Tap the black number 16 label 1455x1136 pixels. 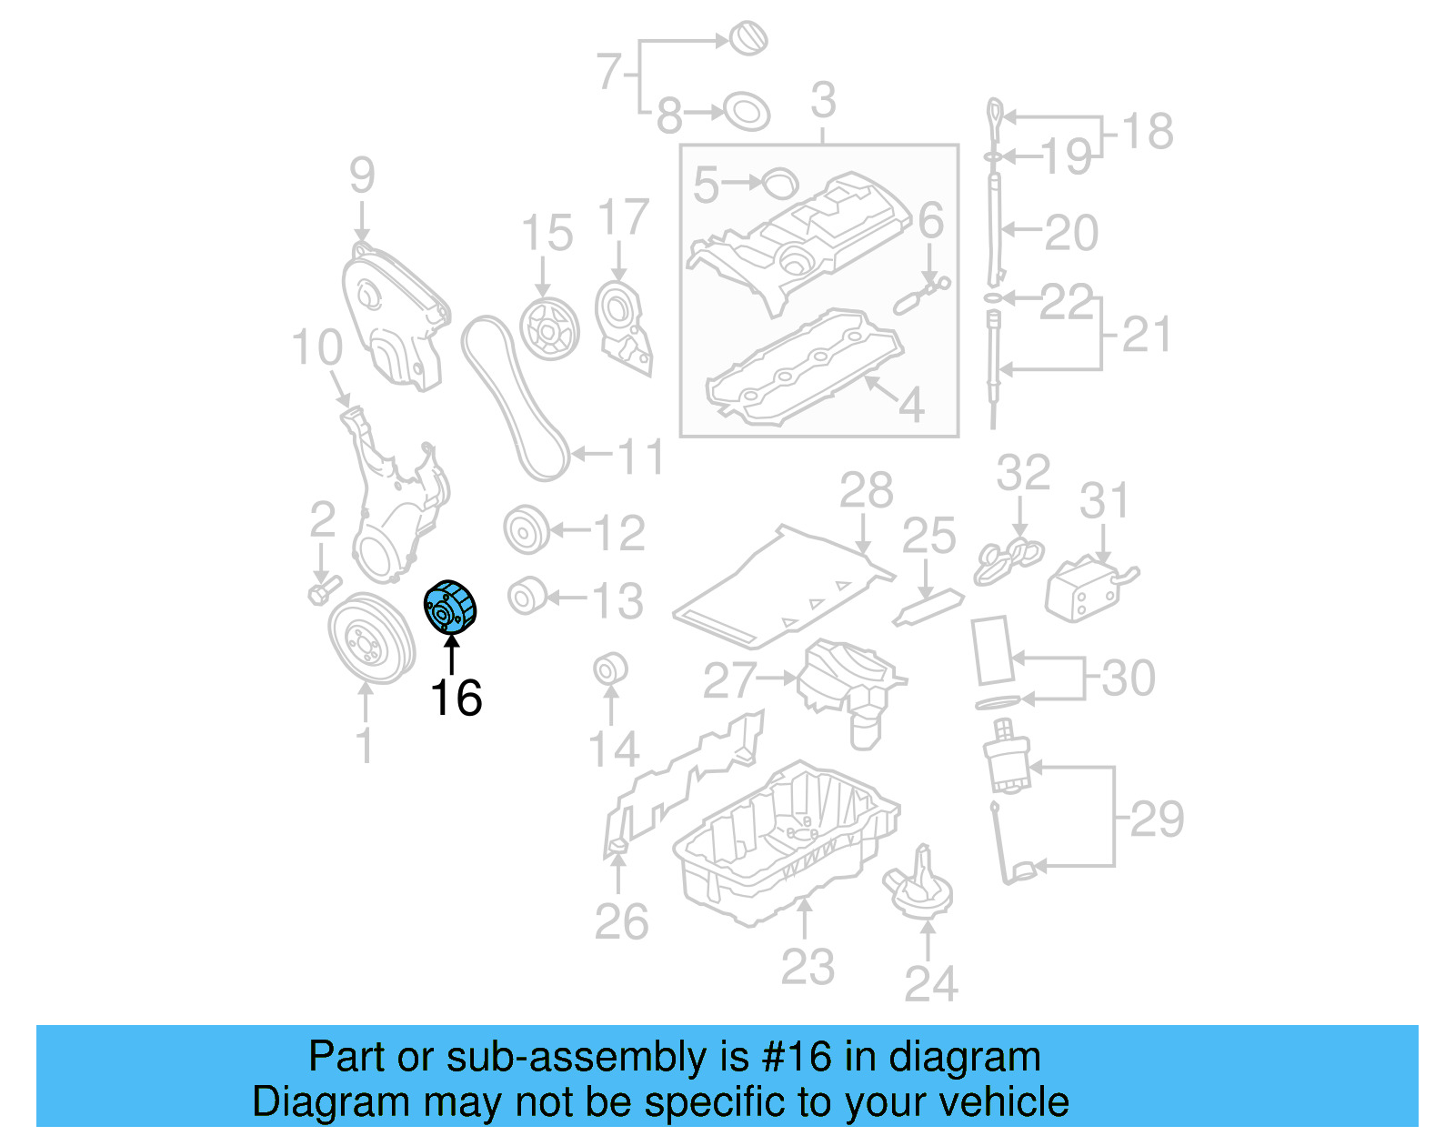(456, 699)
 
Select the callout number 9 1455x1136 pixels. (362, 175)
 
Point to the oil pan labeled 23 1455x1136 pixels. (787, 846)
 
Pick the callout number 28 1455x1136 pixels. (866, 491)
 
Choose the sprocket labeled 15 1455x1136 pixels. (550, 328)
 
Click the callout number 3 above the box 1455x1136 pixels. (823, 100)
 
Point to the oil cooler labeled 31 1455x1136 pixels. (1084, 590)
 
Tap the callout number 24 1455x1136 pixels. (931, 983)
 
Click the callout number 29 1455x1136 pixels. (1157, 819)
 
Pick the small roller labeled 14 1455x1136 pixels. (610, 670)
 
